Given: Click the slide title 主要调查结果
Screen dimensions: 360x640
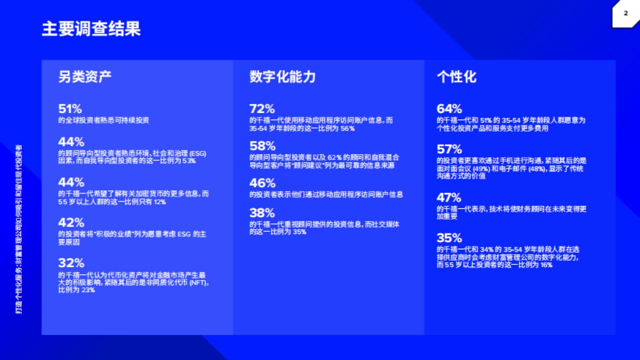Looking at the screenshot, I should click(x=91, y=29).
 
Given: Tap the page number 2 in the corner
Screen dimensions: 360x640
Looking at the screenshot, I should click(x=626, y=14).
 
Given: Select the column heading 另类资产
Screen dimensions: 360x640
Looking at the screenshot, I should click(x=85, y=77).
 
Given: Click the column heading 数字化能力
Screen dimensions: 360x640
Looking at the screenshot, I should click(x=283, y=77).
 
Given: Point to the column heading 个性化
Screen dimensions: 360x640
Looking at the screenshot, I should click(x=457, y=77).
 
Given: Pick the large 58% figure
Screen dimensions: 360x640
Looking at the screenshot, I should click(x=262, y=146).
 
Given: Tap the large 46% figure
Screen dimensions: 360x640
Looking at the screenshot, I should click(x=262, y=183).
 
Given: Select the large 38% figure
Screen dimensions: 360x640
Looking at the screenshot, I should click(x=262, y=213).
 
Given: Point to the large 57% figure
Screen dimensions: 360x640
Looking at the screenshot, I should click(x=449, y=149).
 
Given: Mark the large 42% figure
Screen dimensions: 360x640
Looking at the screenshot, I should click(x=71, y=222).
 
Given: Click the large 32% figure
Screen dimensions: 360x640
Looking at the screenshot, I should click(x=71, y=263).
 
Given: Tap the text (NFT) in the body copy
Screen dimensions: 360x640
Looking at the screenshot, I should click(x=198, y=283).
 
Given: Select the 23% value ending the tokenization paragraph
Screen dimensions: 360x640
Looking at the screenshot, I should click(x=88, y=290).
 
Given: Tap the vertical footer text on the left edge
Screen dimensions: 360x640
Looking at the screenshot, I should click(x=19, y=229).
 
